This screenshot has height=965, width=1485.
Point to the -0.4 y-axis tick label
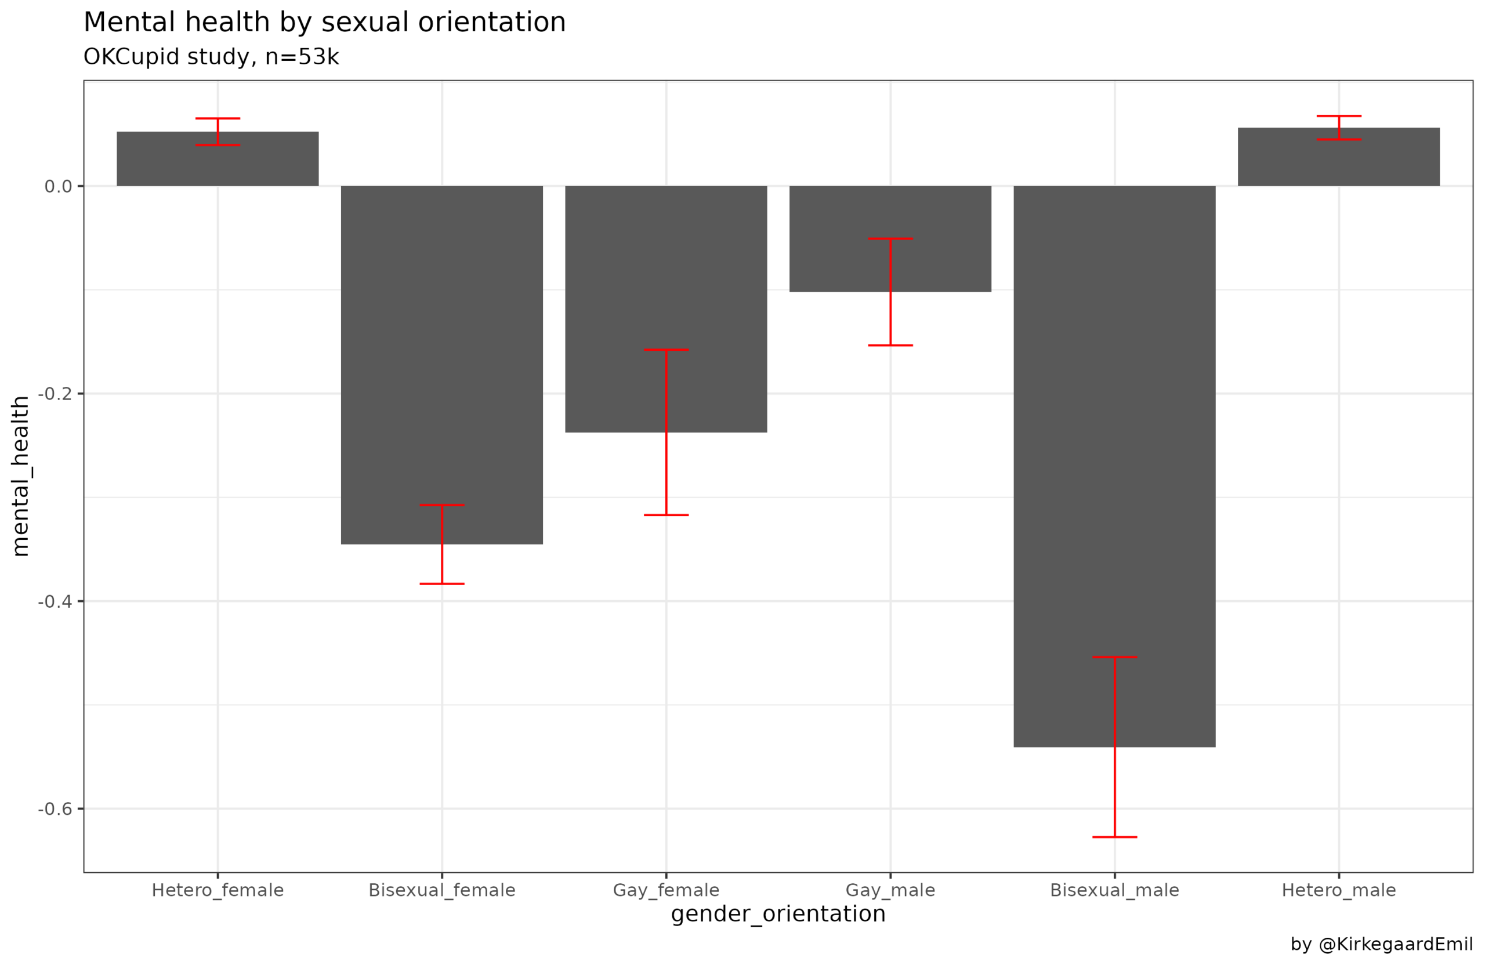(55, 602)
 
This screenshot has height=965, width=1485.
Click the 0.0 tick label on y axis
(58, 187)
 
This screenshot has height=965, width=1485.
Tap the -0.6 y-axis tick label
(55, 810)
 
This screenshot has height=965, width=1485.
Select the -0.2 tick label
(55, 394)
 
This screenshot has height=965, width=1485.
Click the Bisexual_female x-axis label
(442, 891)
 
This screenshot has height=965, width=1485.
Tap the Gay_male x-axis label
(890, 891)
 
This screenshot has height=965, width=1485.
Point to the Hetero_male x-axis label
(1338, 891)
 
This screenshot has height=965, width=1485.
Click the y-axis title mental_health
(20, 476)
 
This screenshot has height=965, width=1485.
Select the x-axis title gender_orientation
(778, 915)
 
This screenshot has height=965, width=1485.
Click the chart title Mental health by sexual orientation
(324, 23)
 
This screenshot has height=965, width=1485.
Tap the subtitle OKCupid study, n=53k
(211, 57)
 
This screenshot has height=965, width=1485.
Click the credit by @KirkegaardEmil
(1381, 945)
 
